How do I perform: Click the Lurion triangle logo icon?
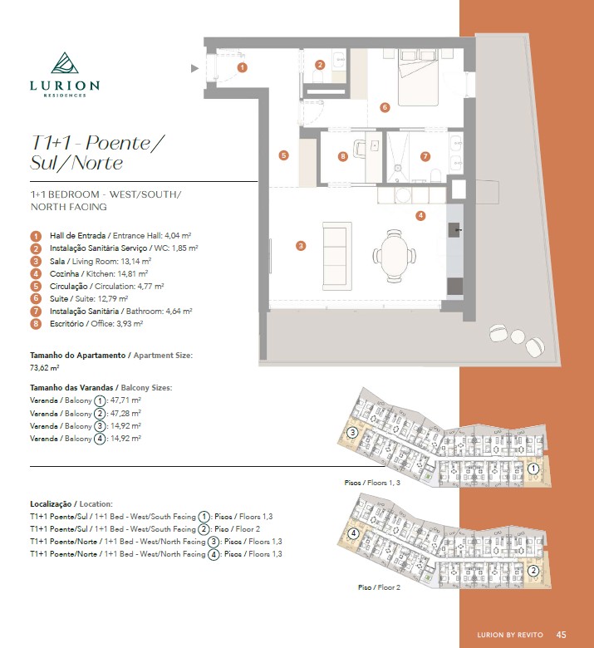[x=65, y=63]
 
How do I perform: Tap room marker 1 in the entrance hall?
[x=243, y=67]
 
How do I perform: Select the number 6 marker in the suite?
[x=385, y=107]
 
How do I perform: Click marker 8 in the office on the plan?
[x=342, y=156]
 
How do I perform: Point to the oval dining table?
[x=395, y=256]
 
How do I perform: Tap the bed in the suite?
[x=418, y=77]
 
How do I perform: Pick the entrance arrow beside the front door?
[x=194, y=69]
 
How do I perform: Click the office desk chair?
[x=359, y=149]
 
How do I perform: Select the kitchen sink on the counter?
[x=454, y=230]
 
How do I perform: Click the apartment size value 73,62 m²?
[x=45, y=367]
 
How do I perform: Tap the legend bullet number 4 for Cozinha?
[x=36, y=273]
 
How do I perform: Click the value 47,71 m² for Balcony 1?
[x=125, y=400]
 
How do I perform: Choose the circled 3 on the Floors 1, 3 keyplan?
[x=352, y=433]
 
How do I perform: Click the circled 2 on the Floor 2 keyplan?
[x=533, y=571]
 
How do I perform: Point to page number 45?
[x=562, y=635]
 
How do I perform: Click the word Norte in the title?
[x=97, y=163]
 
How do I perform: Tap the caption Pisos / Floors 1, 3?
[x=372, y=483]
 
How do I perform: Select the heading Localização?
[x=51, y=503]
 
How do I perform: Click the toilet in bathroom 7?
[x=435, y=175]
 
